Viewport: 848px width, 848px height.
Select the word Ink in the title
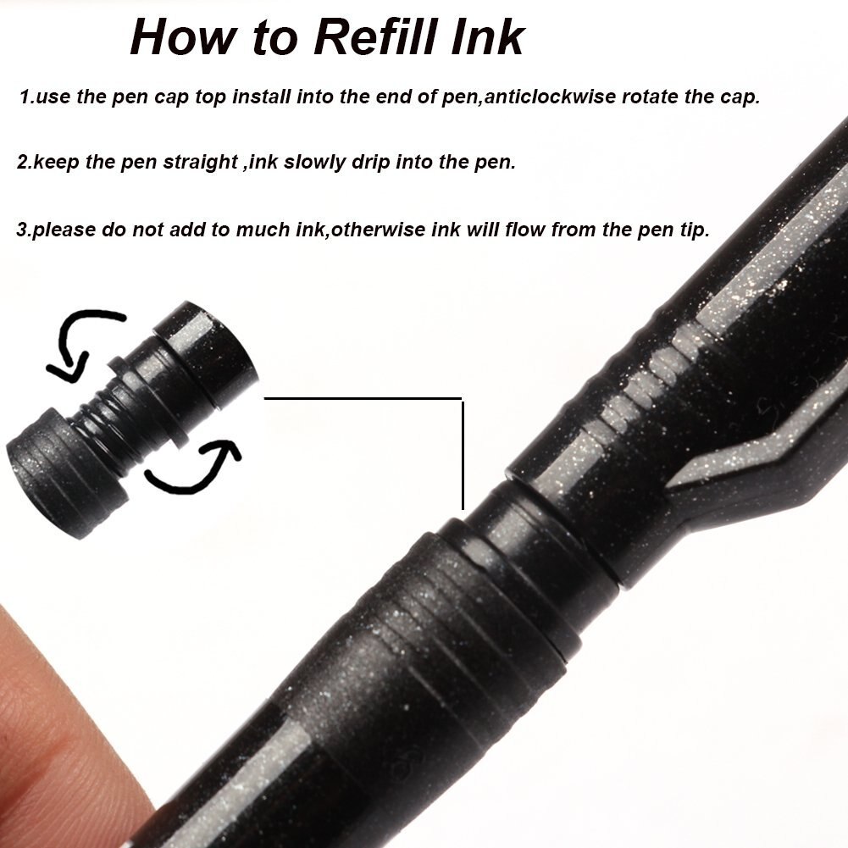point(486,36)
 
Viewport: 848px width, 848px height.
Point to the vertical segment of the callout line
point(463,454)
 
